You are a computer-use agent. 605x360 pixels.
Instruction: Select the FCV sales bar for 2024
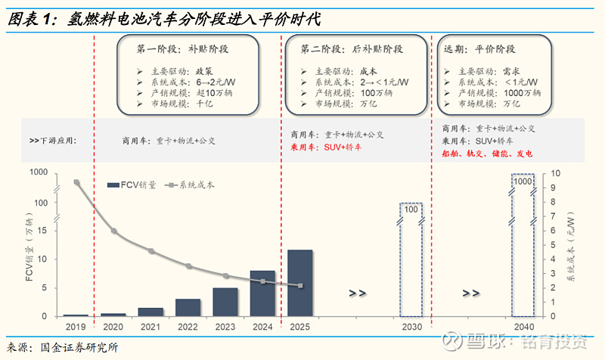pyautogui.click(x=262, y=293)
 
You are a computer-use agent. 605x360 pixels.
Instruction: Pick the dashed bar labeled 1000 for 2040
pyautogui.click(x=523, y=245)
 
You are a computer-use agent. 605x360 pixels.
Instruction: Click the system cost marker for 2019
pyautogui.click(x=76, y=182)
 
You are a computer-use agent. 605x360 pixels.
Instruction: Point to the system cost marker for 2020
pyautogui.click(x=113, y=231)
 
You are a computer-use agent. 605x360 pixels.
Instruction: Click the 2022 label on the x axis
pyautogui.click(x=188, y=327)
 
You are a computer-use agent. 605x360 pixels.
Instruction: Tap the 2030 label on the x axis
pyautogui.click(x=411, y=327)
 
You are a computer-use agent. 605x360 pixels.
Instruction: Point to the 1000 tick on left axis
pyautogui.click(x=37, y=173)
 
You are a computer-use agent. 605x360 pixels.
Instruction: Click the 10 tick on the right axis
pyautogui.click(x=555, y=173)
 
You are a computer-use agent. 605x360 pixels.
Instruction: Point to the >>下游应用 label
pyautogui.click(x=53, y=140)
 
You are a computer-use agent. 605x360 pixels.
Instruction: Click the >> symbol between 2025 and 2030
pyautogui.click(x=357, y=293)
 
